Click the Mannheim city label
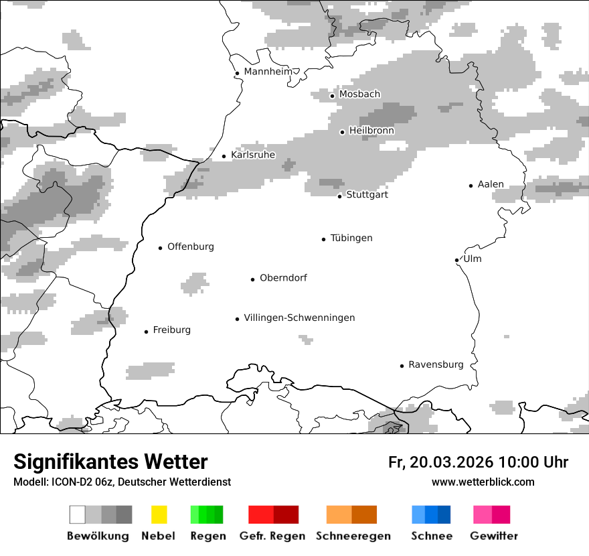point(268,72)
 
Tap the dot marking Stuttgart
point(340,196)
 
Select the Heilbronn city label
point(371,131)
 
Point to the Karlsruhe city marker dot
point(224,156)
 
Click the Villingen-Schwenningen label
point(299,318)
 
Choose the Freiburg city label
point(171,330)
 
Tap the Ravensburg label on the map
point(436,364)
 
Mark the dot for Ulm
point(456,260)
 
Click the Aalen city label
point(491,184)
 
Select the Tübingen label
point(351,238)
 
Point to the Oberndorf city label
point(283,278)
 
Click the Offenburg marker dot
point(161,248)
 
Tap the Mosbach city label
point(359,94)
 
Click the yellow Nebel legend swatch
point(159,514)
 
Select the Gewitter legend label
point(494,536)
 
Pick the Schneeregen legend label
point(353,536)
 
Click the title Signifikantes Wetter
point(110,462)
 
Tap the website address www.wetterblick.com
point(483,482)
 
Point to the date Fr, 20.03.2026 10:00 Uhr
point(478,462)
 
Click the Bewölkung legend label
point(98,536)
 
